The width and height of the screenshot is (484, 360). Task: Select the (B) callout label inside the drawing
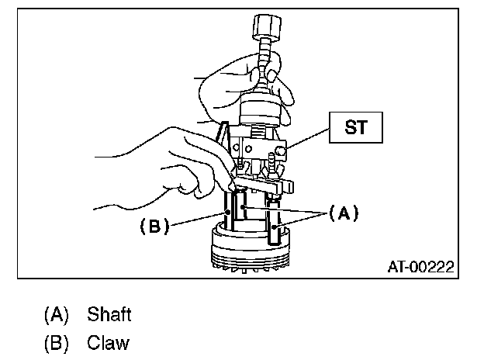click(x=152, y=227)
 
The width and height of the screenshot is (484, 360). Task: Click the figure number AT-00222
click(x=420, y=267)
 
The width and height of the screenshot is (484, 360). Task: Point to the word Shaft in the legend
click(x=109, y=314)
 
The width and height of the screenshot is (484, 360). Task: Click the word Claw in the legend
click(x=108, y=341)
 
